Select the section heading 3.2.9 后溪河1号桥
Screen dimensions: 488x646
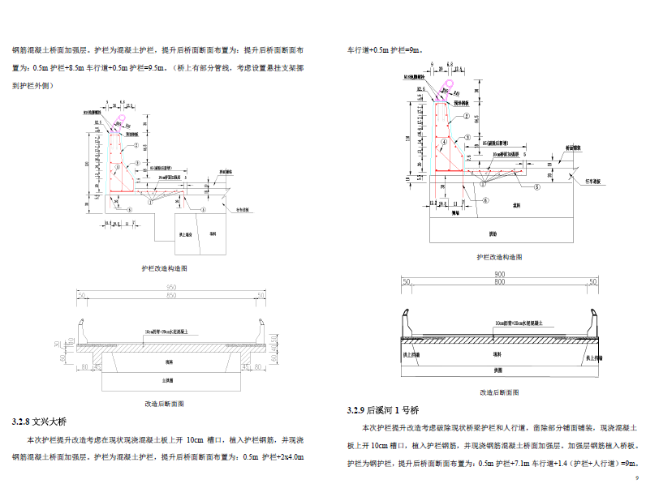(x=382, y=409)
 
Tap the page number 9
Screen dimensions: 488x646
(x=636, y=477)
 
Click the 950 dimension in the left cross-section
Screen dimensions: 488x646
(x=171, y=288)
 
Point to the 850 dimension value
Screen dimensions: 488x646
(x=171, y=297)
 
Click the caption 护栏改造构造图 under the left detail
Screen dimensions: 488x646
(x=164, y=268)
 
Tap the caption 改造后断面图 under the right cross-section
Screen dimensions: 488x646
(x=497, y=391)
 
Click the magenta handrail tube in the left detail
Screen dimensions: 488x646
(x=122, y=120)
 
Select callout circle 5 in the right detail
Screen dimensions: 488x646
(x=536, y=185)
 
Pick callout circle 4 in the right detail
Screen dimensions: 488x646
(x=445, y=141)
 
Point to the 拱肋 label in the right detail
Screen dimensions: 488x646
(x=492, y=233)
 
